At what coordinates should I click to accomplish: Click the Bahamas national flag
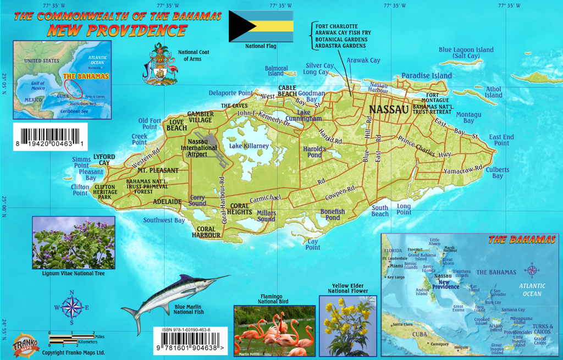[x=261, y=25]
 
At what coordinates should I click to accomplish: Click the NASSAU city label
[x=389, y=109]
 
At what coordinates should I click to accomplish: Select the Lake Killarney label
[x=249, y=146]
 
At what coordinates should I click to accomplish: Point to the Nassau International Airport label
[x=198, y=148]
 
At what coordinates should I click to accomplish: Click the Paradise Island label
[x=426, y=76]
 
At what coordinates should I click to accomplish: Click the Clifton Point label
[x=80, y=190]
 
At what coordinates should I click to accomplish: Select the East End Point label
[x=501, y=140]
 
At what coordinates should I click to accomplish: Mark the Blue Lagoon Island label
[x=466, y=53]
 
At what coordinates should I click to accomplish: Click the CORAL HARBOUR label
[x=206, y=232]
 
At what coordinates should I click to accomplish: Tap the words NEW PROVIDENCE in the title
[x=117, y=30]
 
